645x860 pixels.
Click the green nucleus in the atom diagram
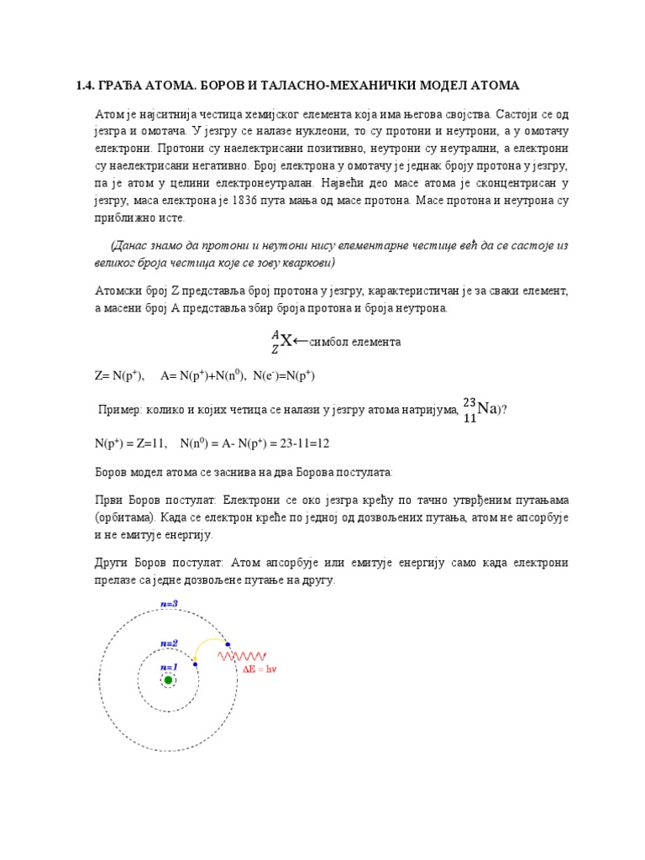(x=168, y=679)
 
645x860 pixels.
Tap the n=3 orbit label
(x=169, y=603)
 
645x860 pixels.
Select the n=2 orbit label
(x=169, y=642)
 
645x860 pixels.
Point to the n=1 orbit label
(x=169, y=666)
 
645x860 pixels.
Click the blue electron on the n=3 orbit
(x=228, y=645)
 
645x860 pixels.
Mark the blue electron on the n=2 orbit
(x=195, y=664)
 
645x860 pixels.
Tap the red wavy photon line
(x=243, y=656)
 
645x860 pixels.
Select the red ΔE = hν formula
(x=259, y=669)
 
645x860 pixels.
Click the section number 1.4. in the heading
(x=87, y=86)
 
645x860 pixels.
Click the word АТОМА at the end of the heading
(x=495, y=86)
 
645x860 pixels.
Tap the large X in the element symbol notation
(x=286, y=340)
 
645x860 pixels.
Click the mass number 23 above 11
(x=469, y=401)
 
